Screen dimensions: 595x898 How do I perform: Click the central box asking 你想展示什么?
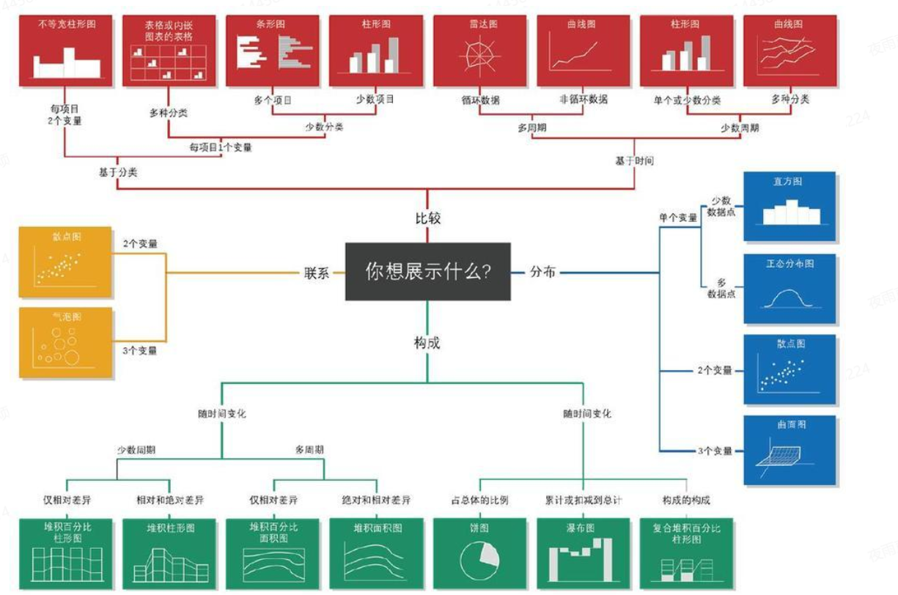tap(427, 271)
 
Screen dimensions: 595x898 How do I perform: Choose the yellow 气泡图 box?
tap(65, 343)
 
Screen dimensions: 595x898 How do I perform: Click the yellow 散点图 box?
tap(65, 262)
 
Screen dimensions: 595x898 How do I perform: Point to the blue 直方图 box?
tap(789, 207)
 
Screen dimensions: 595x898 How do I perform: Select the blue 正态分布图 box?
tap(789, 289)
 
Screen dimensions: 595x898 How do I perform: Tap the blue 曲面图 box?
tap(789, 450)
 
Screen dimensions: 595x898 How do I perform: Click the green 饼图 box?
tap(479, 554)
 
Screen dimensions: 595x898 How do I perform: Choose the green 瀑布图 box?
tap(584, 554)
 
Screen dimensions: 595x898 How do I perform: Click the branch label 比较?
tap(427, 218)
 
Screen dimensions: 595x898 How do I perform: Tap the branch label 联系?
tap(317, 273)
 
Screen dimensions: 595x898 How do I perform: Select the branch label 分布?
tap(542, 273)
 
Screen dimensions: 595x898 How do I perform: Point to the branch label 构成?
tap(427, 342)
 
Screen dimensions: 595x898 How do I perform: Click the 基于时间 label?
tap(634, 160)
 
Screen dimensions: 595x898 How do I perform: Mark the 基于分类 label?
tap(118, 173)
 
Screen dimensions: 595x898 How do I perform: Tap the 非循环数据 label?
tap(583, 100)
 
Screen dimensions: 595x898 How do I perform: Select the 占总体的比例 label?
tap(479, 500)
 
